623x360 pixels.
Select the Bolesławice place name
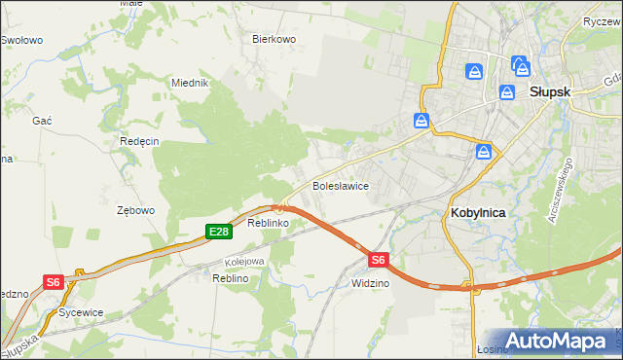pos(339,185)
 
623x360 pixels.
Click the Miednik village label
pos(190,83)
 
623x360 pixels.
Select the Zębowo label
pos(135,210)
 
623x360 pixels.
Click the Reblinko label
pos(269,224)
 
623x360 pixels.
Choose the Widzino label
pos(370,283)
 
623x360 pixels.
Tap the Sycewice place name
pos(81,312)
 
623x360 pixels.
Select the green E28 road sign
pos(218,231)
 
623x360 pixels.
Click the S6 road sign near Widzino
pos(379,260)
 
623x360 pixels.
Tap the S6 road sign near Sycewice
pos(53,282)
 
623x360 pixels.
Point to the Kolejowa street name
pos(244,262)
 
